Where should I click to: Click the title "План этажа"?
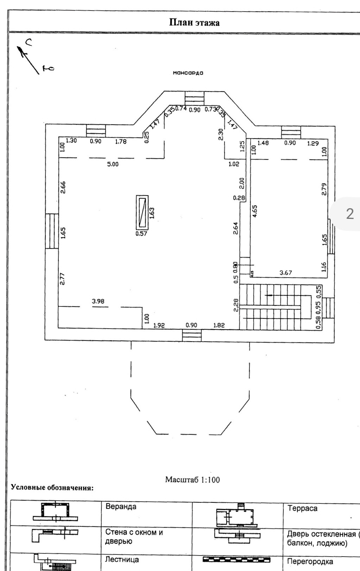[194, 23]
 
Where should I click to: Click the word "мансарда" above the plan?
[188, 73]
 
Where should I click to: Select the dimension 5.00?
[113, 164]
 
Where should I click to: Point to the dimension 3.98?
[98, 301]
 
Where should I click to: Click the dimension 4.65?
[255, 211]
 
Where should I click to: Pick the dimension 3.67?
[285, 273]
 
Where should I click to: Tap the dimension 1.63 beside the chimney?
[152, 213]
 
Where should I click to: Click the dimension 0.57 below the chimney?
[141, 233]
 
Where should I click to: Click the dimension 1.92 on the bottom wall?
[159, 325]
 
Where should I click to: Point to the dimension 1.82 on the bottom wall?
[219, 325]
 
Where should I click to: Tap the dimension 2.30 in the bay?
[221, 134]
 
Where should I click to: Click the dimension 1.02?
[234, 164]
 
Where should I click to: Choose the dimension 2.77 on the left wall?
[63, 279]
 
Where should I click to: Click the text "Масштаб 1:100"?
[192, 480]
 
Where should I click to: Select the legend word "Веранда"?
[121, 507]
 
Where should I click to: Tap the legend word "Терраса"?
[302, 508]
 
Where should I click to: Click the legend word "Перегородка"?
[310, 561]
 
